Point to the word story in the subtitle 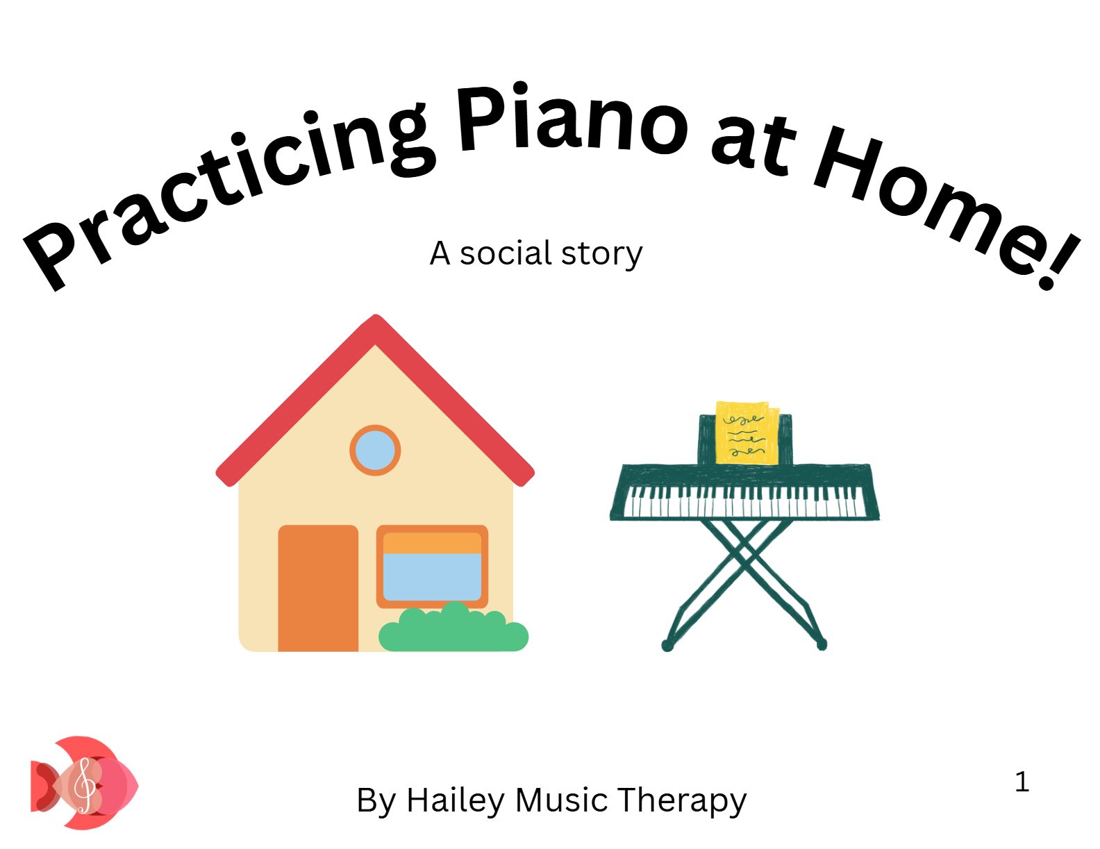click(x=602, y=255)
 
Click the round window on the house click(x=374, y=450)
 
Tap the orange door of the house click(x=318, y=587)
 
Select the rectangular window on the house click(x=432, y=566)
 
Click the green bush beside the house click(x=453, y=628)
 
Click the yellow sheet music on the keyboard click(x=747, y=432)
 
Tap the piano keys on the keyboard click(x=744, y=501)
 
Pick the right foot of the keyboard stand click(x=822, y=644)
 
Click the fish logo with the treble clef click(x=84, y=782)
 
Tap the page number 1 click(x=1022, y=782)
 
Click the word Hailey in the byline click(x=456, y=801)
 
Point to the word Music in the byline click(x=561, y=800)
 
